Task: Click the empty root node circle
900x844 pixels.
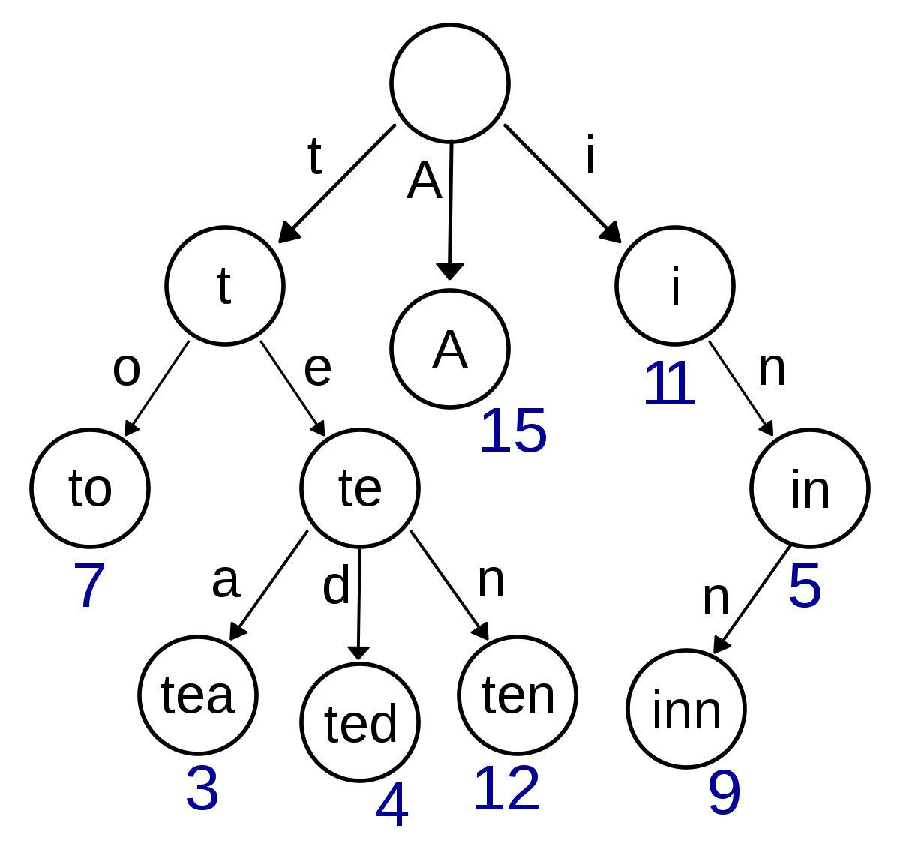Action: (450, 83)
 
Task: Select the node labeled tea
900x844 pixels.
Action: (198, 695)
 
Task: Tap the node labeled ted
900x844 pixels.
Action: (360, 722)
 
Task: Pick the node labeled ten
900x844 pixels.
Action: (517, 695)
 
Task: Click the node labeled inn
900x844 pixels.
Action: (686, 709)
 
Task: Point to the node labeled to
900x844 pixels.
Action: (90, 488)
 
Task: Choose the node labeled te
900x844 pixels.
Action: (360, 488)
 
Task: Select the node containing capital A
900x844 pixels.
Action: (450, 349)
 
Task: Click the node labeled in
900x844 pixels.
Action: (810, 488)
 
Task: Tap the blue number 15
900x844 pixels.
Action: (513, 432)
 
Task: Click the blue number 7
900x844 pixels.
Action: (88, 585)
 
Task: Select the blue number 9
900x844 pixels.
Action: (724, 794)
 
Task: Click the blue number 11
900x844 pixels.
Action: (670, 384)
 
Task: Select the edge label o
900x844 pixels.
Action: (126, 369)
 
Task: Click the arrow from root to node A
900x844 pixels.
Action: (450, 210)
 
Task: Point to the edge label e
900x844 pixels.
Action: (317, 369)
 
